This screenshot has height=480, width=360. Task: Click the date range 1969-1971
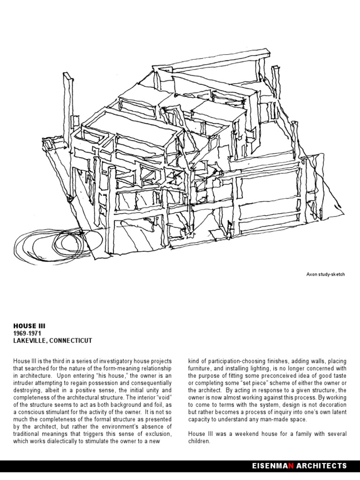click(28, 333)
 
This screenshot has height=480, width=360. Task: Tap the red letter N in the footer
click(291, 466)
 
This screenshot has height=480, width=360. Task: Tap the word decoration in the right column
click(331, 405)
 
